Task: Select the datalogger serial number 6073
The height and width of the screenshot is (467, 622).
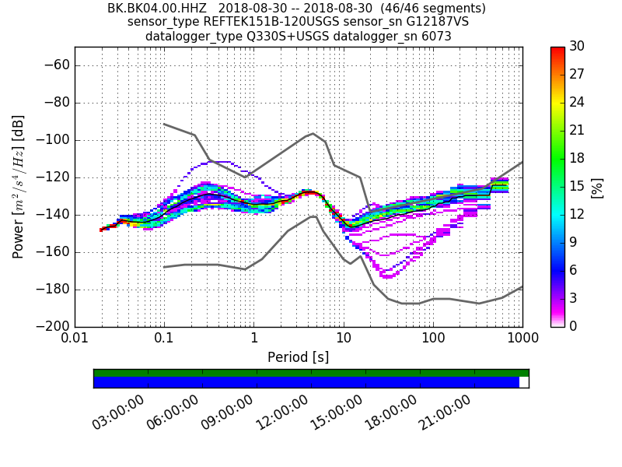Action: pyautogui.click(x=435, y=37)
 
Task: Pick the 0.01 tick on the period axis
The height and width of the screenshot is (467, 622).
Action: pyautogui.click(x=75, y=339)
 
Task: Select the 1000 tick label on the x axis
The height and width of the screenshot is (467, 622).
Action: pyautogui.click(x=522, y=339)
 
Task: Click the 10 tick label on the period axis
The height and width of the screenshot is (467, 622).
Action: pyautogui.click(x=344, y=339)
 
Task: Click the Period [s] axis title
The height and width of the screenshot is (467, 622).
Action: pyautogui.click(x=299, y=357)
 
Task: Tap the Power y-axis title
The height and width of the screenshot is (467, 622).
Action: pyautogui.click(x=18, y=187)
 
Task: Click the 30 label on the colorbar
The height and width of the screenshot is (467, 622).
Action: pyautogui.click(x=578, y=47)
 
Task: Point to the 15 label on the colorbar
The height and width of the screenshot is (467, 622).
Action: pyautogui.click(x=578, y=187)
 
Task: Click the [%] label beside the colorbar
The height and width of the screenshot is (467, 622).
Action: pyautogui.click(x=598, y=187)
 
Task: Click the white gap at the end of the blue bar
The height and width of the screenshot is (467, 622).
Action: pyautogui.click(x=524, y=382)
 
